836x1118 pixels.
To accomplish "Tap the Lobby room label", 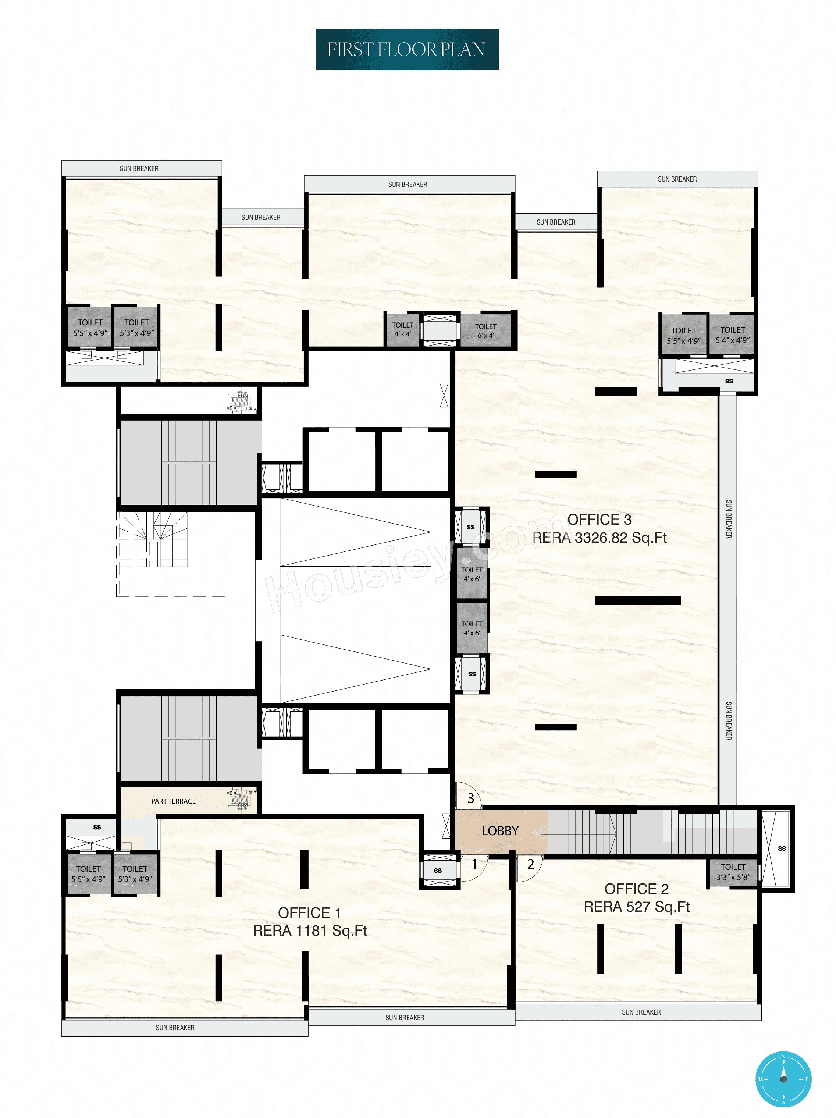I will point(500,831).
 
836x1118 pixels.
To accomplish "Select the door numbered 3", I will point(470,798).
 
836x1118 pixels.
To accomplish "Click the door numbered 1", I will point(474,864).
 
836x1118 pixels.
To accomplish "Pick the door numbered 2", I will point(530,864).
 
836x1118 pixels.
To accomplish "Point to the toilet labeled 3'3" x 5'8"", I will point(733,872).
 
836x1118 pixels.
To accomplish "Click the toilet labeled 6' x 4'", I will point(485,331).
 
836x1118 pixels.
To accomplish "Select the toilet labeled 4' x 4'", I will point(403,329).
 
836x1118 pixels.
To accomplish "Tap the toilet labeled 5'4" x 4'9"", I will point(732,335).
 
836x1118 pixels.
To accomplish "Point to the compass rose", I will point(783,1079).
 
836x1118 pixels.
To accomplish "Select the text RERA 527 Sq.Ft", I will point(636,907).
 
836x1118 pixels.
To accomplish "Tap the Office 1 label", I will point(310,913).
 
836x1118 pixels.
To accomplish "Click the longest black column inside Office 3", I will point(637,600).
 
